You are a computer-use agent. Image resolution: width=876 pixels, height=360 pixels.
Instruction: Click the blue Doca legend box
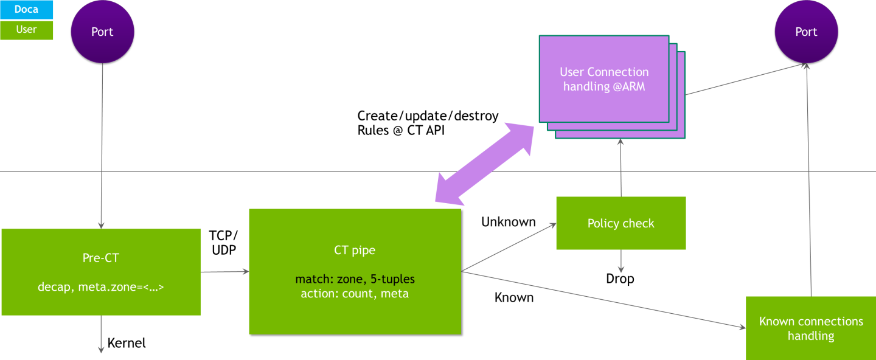26,10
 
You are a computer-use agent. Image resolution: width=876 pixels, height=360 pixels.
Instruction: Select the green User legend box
26,30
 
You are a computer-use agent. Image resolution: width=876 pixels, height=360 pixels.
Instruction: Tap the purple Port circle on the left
102,32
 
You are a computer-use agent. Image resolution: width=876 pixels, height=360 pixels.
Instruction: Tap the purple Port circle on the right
806,32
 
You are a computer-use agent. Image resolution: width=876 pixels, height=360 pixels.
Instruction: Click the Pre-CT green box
101,272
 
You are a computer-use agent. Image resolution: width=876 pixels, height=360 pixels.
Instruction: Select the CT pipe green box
355,271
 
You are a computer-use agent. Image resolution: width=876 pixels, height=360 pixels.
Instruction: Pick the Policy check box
620,223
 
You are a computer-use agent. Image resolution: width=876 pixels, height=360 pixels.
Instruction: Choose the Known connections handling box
810,328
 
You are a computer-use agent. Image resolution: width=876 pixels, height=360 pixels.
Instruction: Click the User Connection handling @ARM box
603,78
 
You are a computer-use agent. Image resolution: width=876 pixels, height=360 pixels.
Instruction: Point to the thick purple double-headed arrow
484,161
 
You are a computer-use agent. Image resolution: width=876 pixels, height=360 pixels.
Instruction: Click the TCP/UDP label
223,243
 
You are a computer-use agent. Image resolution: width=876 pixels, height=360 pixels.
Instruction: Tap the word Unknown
508,222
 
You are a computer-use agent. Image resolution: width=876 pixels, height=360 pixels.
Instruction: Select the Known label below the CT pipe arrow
513,297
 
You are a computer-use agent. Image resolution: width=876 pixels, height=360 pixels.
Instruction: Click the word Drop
620,279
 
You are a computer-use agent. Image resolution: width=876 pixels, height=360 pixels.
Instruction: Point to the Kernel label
127,343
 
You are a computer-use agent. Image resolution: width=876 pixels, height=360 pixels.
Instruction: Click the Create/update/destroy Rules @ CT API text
428,122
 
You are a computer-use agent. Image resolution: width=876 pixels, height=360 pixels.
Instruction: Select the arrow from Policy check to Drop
621,260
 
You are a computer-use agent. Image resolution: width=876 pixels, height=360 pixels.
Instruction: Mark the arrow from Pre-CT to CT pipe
224,272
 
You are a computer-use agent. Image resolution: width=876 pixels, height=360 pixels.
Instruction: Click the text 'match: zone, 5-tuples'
355,280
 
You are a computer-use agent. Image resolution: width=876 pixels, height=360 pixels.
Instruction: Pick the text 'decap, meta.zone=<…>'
101,287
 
